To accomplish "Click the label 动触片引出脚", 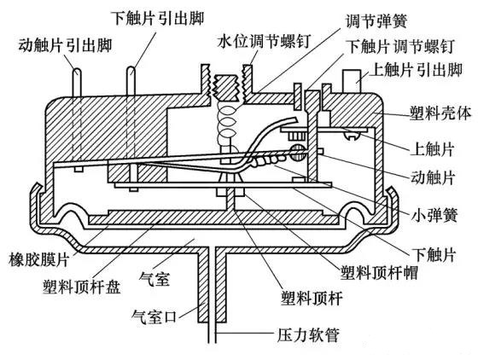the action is click(65, 46).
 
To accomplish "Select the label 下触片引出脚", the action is click(158, 18).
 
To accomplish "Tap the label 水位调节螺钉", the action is click(264, 40).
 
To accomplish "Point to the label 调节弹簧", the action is click(376, 21).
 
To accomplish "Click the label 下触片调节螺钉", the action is click(401, 47).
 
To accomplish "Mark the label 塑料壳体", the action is click(440, 113).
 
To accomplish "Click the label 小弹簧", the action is click(434, 215).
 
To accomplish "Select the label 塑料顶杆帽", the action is click(379, 272).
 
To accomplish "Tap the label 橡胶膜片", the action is click(39, 260).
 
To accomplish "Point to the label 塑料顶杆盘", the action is click(82, 287).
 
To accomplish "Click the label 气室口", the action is click(154, 316).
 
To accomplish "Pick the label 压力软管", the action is click(308, 335).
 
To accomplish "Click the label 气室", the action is click(154, 279).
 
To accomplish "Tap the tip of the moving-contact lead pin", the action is click(77, 69).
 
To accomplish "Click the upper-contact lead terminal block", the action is click(352, 81).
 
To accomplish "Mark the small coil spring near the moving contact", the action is click(267, 161).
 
